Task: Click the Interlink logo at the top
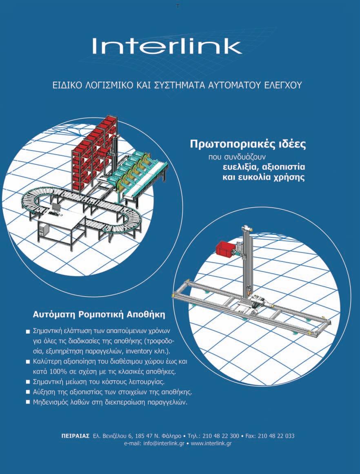(x=167, y=46)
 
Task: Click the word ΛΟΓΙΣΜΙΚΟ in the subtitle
(x=109, y=85)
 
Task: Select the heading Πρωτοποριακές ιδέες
(x=248, y=144)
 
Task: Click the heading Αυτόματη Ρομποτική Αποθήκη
(x=99, y=315)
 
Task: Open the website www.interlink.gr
(x=211, y=443)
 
